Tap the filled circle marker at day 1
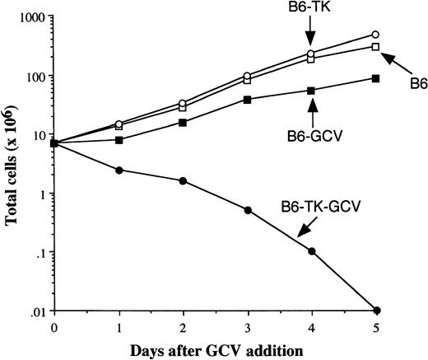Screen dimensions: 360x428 [119, 171]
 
